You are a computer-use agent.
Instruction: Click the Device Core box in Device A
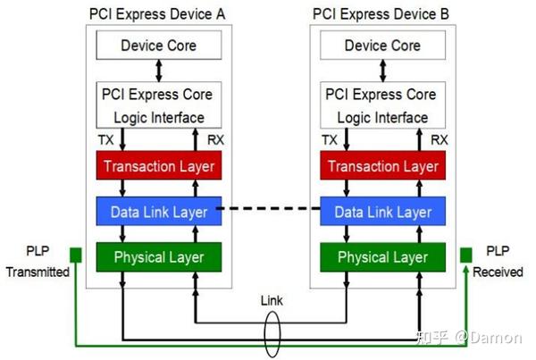coord(158,46)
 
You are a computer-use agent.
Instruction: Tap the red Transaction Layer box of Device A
coord(158,166)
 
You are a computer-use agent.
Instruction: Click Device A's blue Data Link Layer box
coord(158,212)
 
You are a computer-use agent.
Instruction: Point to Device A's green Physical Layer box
coord(158,257)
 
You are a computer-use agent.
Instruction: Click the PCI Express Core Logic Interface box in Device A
coord(158,105)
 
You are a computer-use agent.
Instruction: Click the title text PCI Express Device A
coord(158,14)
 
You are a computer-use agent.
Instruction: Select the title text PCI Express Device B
coord(381,14)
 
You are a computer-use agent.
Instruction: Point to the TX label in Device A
coord(106,140)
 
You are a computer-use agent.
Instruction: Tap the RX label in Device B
coord(438,140)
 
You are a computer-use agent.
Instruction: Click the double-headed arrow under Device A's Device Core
coord(158,69)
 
